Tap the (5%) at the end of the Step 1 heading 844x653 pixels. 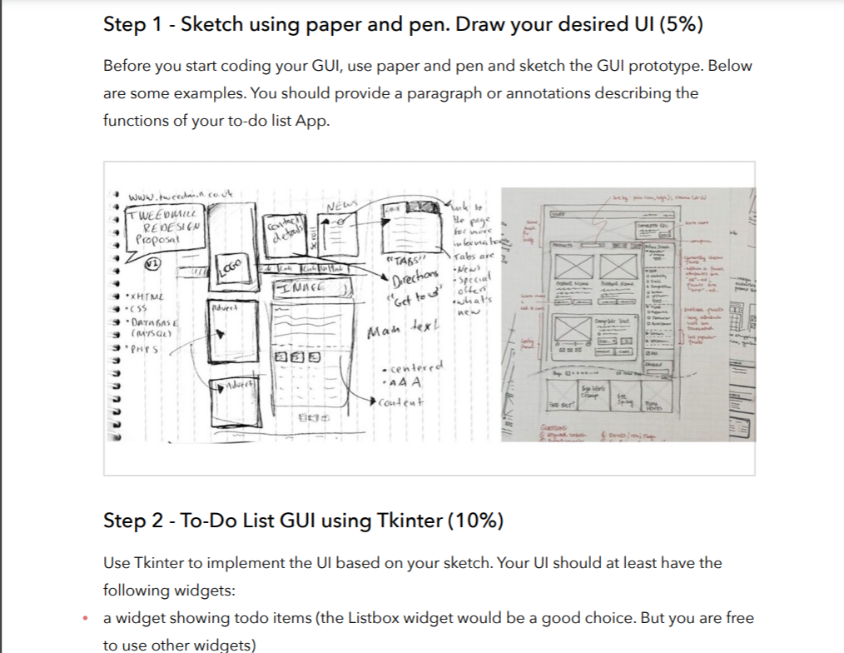680,25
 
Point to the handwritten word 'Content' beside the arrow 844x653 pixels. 401,401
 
